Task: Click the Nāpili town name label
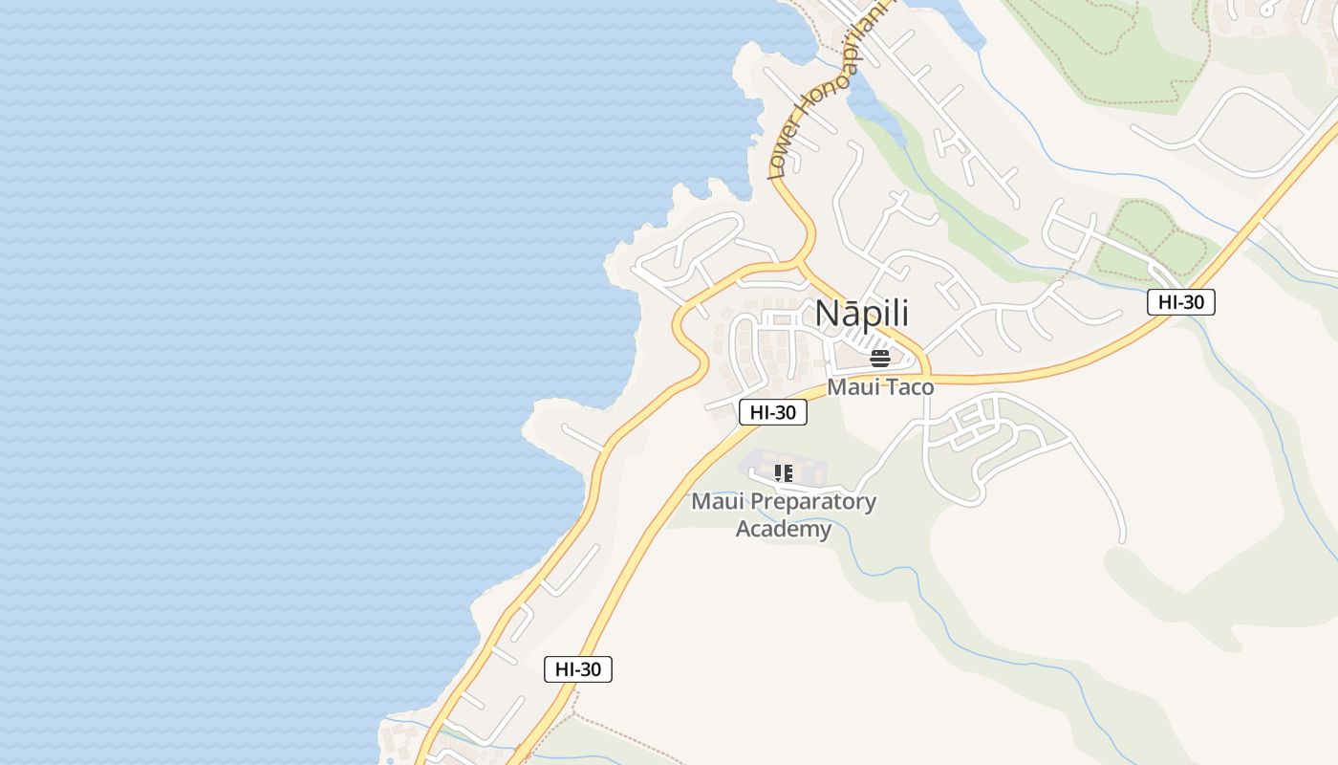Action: [861, 314]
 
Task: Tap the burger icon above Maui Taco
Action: [880, 359]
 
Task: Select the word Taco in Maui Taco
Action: [909, 387]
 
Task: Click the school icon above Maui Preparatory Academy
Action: [784, 473]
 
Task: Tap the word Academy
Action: [783, 529]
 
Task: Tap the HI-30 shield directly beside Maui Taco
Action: [773, 412]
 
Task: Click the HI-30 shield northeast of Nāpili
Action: [1180, 302]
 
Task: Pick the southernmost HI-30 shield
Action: [578, 669]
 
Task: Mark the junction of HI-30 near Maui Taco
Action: [925, 376]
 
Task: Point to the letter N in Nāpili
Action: [827, 314]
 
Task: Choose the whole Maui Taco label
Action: [880, 387]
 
